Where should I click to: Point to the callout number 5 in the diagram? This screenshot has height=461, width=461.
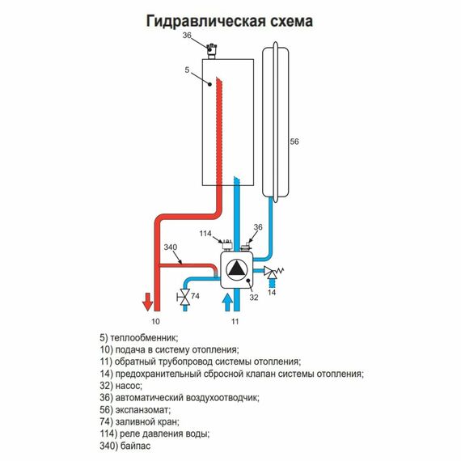click(x=187, y=71)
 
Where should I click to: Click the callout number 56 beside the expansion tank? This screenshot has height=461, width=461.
click(x=294, y=142)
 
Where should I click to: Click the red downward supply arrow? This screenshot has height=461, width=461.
click(x=148, y=302)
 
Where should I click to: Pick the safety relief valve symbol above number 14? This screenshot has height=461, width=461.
click(x=273, y=273)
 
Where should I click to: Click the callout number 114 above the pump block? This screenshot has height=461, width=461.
click(x=206, y=234)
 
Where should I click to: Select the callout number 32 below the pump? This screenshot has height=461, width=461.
click(x=255, y=298)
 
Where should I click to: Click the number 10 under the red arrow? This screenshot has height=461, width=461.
click(x=155, y=322)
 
